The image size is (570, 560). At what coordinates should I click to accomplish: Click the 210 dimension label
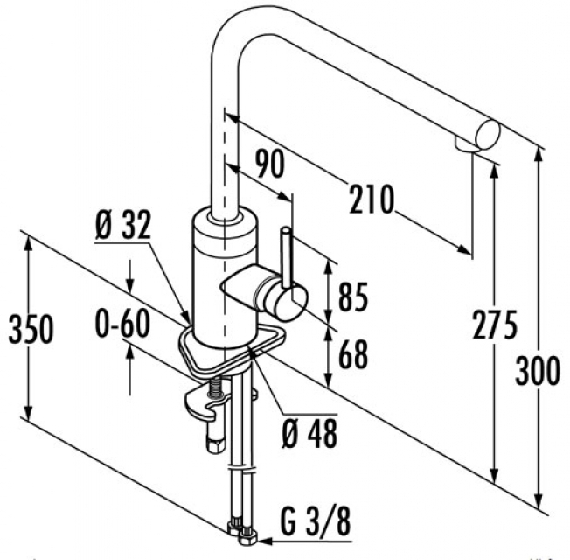coord(372,199)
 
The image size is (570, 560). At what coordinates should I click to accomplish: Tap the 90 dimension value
coord(269,164)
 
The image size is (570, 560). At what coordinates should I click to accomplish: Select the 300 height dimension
coord(537,370)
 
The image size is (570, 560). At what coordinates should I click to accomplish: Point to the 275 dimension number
coord(494,325)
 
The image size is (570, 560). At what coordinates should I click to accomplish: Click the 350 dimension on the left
coord(31,329)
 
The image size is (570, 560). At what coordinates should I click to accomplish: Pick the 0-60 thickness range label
coord(122,324)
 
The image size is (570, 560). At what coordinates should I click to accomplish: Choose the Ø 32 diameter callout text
coord(122,225)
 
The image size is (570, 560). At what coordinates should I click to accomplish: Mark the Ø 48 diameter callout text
coord(309,433)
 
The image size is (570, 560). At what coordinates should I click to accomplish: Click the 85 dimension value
coord(353,297)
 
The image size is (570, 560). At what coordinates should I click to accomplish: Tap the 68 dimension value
coord(353,354)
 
